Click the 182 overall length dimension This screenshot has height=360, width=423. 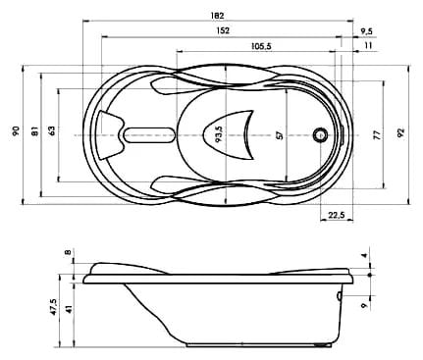coord(217,16)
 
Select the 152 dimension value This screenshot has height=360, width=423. coord(223,30)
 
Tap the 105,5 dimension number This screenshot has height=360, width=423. coord(261,46)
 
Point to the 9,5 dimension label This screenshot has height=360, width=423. coord(366,31)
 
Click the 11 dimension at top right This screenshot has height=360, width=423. coord(368,45)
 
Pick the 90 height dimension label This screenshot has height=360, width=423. coord(16,130)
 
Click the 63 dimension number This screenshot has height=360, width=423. coord(52,129)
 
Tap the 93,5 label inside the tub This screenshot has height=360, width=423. coord(219,134)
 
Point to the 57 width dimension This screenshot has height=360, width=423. coord(279,135)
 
